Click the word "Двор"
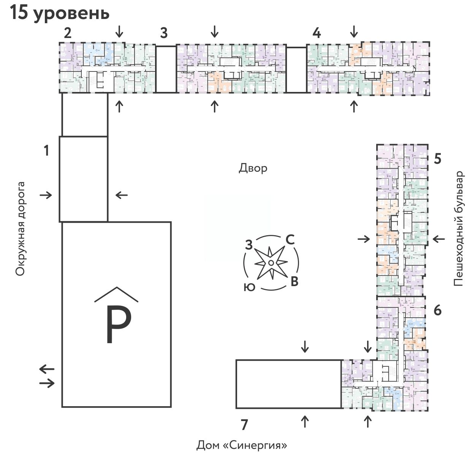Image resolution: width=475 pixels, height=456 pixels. coord(253,168)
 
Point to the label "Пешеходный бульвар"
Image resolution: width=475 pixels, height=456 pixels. coord(459,228)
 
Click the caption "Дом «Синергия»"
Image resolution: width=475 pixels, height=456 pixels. coord(241,445)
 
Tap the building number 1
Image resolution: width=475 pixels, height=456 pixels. coord(46,151)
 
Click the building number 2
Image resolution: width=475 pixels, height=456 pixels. coord(68,33)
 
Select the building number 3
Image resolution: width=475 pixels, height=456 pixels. coord(163,33)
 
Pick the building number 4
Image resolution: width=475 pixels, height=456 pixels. coord(317,33)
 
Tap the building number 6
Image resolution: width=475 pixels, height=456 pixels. coord(437,310)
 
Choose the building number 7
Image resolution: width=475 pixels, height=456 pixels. coord(244,424)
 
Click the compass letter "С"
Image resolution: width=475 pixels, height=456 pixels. coord(290,240)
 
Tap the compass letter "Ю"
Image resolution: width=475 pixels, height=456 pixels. coord(249,287)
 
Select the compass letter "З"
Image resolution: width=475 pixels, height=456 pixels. coord(249,245)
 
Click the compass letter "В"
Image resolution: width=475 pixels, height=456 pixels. coord(294,282)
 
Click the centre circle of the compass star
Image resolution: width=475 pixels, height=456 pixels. coord(271,263)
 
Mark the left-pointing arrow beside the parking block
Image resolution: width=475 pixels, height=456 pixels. coord(47,369)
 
